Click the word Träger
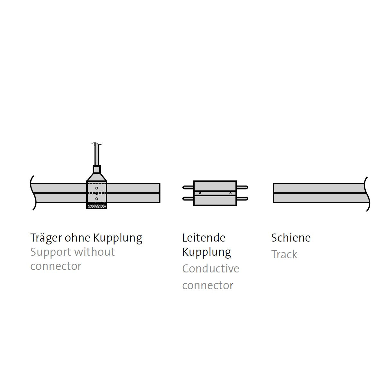(x=46, y=238)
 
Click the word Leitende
(x=204, y=238)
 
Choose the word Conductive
(x=210, y=269)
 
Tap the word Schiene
(x=291, y=238)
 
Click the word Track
(x=284, y=254)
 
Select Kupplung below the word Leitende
(x=207, y=252)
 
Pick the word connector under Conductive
(x=207, y=285)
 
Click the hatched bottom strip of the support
(x=96, y=206)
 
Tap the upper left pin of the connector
(x=188, y=187)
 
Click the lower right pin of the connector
(x=242, y=199)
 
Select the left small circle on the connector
(x=200, y=193)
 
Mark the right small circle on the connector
(x=230, y=193)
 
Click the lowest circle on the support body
(x=96, y=199)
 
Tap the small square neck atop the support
(x=96, y=170)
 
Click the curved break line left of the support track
(x=32, y=193)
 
